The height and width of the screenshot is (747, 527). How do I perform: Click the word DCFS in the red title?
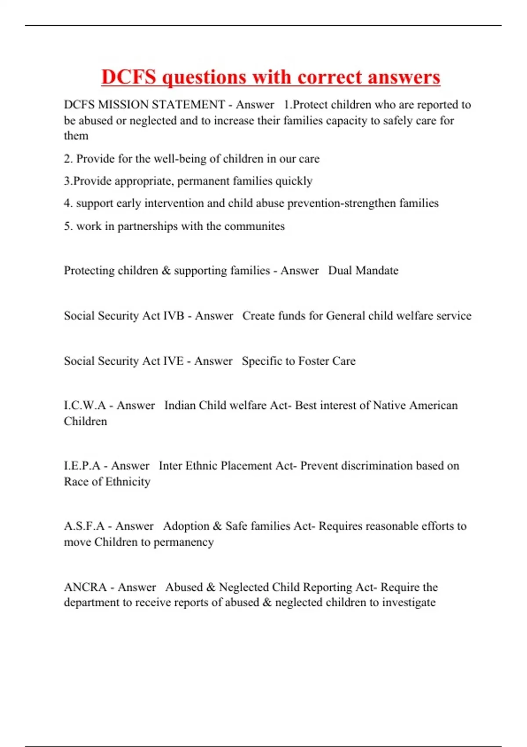point(129,77)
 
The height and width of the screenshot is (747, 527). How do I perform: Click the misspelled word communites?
point(254,226)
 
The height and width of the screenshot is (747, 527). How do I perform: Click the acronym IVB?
point(173,315)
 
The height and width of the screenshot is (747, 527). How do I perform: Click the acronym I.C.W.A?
point(85,405)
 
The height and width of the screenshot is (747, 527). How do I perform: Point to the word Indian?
point(180,405)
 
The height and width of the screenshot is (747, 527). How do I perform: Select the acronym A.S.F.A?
point(84,526)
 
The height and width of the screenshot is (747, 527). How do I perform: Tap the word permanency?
point(184,542)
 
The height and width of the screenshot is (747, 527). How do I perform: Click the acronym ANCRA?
point(85,587)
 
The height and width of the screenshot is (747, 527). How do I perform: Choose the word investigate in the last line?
point(408,602)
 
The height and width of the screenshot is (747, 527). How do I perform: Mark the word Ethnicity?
point(128,482)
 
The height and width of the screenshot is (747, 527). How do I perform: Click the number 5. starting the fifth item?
point(68,226)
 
